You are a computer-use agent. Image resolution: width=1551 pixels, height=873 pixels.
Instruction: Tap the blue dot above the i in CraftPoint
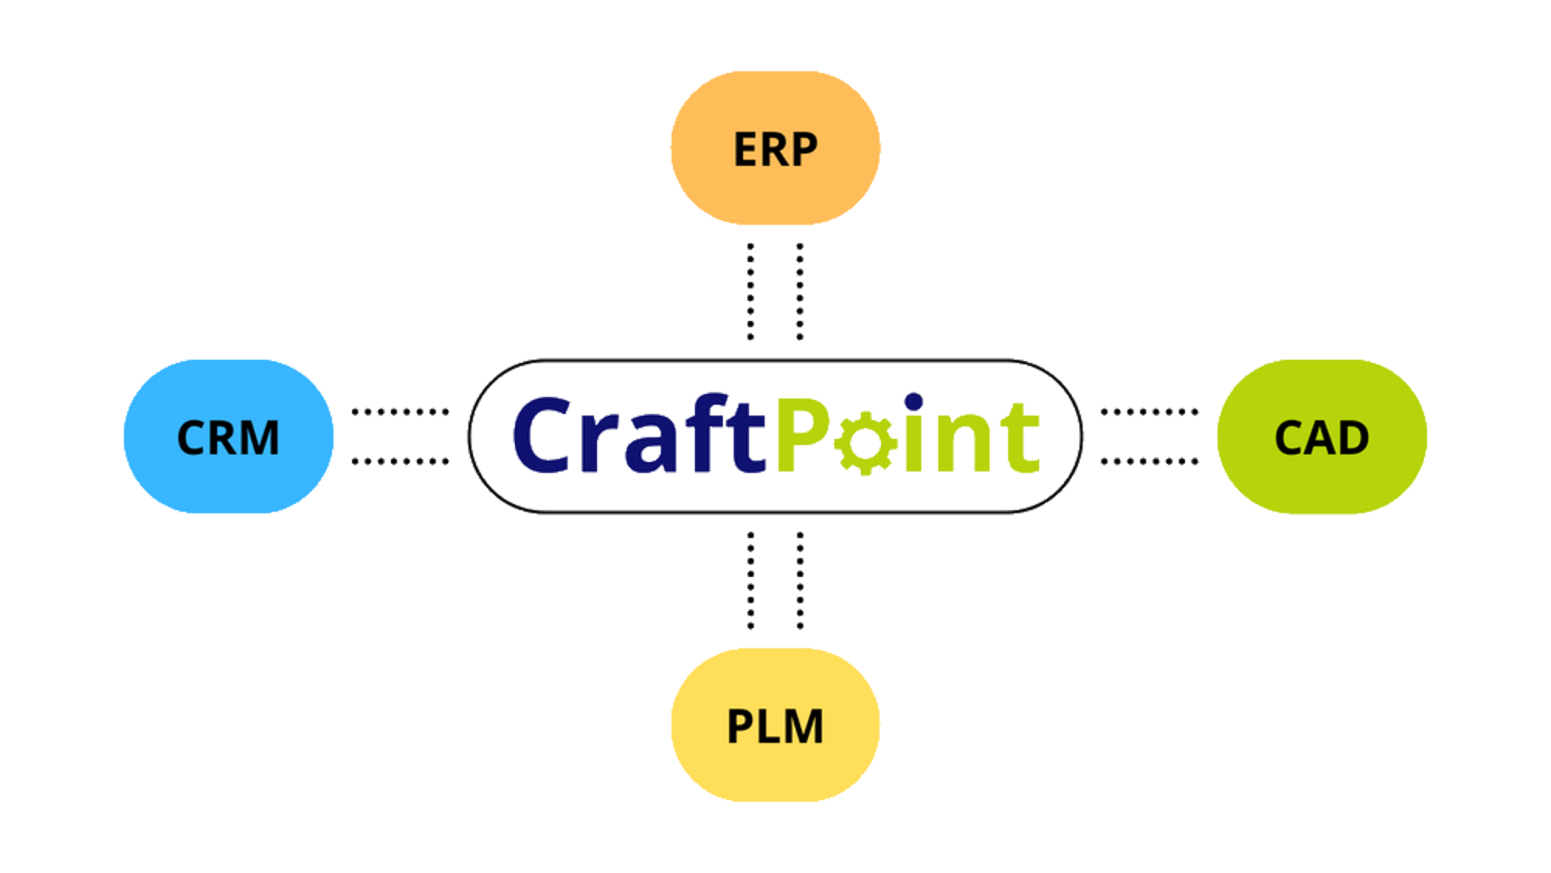point(914,402)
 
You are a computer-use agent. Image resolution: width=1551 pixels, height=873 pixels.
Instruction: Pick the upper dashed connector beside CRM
point(400,412)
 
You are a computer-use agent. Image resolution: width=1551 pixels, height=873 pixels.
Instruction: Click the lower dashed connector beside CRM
point(400,461)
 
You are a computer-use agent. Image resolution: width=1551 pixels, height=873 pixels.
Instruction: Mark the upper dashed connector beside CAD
point(1149,412)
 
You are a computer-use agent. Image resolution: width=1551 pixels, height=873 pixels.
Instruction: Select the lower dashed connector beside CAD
point(1149,461)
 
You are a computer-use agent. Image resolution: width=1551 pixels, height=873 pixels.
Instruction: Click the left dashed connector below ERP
point(751,292)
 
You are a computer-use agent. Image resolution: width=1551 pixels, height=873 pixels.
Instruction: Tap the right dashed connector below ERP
point(800,292)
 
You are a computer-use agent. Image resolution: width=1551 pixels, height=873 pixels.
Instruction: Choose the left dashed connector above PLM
point(751,580)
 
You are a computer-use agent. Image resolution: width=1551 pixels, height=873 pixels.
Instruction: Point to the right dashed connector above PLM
point(800,580)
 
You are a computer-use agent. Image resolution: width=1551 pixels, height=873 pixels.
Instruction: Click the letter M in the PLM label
point(803,727)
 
